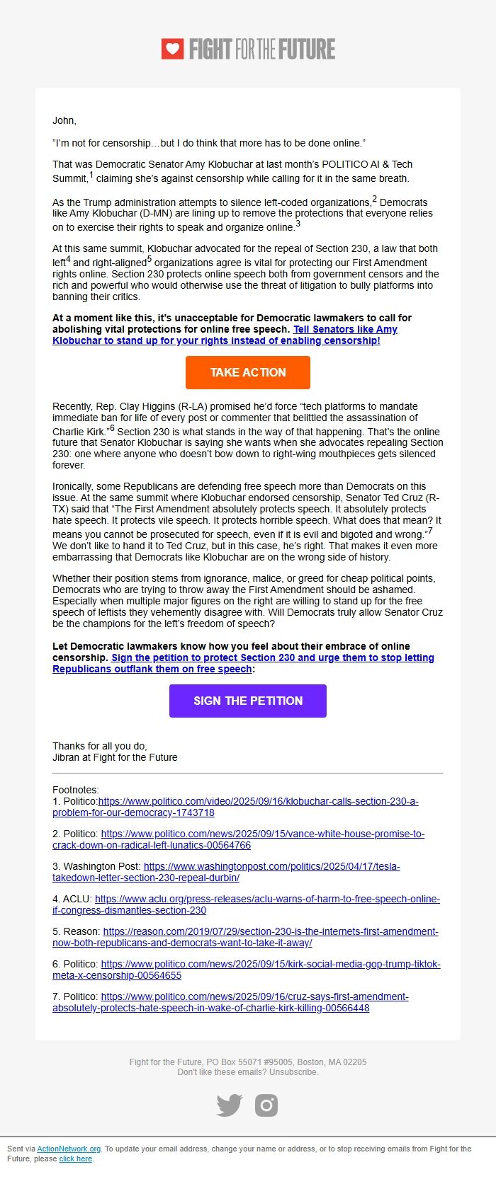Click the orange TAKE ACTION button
(x=248, y=372)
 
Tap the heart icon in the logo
(x=172, y=49)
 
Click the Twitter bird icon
(x=229, y=1105)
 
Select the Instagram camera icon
(x=266, y=1105)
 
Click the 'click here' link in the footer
(x=76, y=1159)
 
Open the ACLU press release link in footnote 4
(x=267, y=899)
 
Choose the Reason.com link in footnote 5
(x=270, y=931)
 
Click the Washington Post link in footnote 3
(x=271, y=866)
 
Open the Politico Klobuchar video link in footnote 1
(x=258, y=801)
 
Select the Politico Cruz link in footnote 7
(x=254, y=996)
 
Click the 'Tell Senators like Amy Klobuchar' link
(x=345, y=329)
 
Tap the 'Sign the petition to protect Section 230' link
(x=272, y=657)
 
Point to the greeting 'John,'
(x=64, y=120)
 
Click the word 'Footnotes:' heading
(x=76, y=790)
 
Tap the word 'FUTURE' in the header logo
(x=306, y=49)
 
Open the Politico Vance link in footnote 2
(x=262, y=834)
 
